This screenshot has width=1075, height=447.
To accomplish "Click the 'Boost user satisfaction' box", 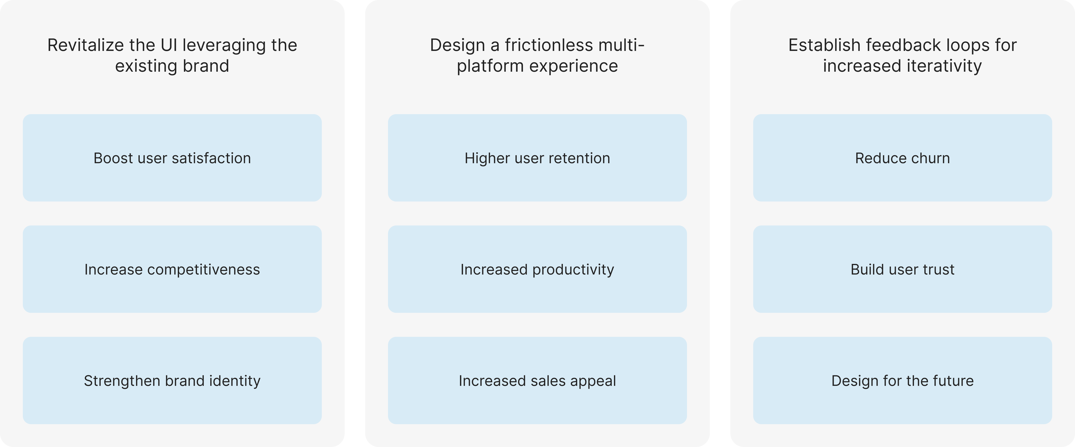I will click(x=172, y=158).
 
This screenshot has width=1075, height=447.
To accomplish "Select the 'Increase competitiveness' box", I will click(x=172, y=269).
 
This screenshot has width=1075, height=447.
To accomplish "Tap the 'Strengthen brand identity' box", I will click(x=172, y=381).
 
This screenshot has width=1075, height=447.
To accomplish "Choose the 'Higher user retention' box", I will click(x=537, y=158).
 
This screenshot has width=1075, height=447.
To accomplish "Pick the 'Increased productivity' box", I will click(x=537, y=269).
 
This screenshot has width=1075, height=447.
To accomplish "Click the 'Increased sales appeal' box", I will click(x=537, y=381).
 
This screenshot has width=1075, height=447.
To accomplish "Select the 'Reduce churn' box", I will click(x=902, y=158).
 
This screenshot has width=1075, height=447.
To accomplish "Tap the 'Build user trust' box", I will click(x=902, y=269).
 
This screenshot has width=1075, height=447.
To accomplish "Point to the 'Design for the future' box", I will click(x=902, y=381).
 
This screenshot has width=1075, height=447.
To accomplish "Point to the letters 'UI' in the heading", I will click(x=169, y=45).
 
